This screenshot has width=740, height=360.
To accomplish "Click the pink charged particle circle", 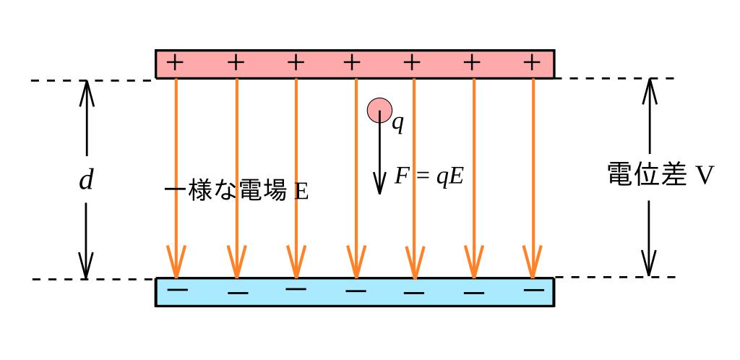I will tap(379, 110).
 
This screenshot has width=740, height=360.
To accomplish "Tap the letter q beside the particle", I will tap(397, 124).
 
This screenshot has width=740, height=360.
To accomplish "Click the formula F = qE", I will tap(429, 176).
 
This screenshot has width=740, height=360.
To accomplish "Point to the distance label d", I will tap(86, 180).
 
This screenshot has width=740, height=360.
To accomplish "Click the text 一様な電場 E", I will tap(236, 192).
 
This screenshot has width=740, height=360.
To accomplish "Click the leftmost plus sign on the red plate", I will tap(175, 63).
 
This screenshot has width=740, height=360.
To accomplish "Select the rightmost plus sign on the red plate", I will tap(532, 63).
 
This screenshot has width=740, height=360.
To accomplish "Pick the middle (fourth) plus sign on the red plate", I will tap(352, 63).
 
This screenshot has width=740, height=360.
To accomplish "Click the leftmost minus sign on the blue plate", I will tap(177, 291).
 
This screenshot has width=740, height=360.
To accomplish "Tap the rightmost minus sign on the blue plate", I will tap(533, 290).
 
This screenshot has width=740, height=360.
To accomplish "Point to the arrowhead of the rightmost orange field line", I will tap(533, 262).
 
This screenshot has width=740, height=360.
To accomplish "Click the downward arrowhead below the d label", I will tap(86, 267).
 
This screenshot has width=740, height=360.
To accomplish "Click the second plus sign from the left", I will tap(236, 63).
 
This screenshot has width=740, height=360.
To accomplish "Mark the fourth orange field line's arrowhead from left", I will tap(354, 262).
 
